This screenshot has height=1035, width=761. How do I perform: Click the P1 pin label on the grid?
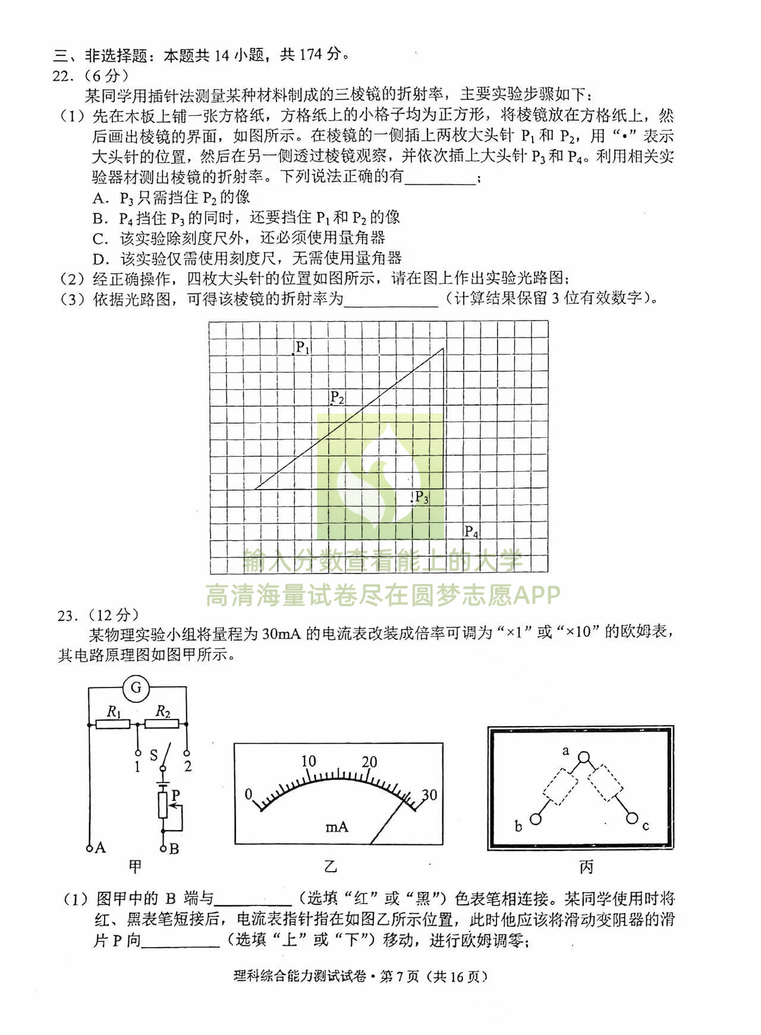point(303,348)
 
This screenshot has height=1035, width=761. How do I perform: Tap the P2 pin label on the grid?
point(337,397)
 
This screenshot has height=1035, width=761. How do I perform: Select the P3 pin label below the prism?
point(422,497)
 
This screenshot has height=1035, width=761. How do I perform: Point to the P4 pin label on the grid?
point(471,532)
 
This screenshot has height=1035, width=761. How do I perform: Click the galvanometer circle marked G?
point(136,688)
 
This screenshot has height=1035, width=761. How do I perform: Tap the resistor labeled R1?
point(113,724)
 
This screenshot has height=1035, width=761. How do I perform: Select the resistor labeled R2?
point(162,724)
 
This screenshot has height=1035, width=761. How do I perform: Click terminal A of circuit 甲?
point(89,848)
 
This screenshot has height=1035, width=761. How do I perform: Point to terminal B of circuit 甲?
point(163,848)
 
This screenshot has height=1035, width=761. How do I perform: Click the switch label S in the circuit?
point(153,755)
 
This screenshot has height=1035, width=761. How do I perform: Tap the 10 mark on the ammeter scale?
point(308,762)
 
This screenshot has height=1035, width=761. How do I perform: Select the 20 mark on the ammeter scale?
point(369,762)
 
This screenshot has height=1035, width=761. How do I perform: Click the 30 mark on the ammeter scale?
point(429,794)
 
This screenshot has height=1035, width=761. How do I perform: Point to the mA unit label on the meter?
point(337,826)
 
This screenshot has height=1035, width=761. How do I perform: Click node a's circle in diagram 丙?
point(584,758)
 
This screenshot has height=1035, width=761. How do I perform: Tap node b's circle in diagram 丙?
point(536,819)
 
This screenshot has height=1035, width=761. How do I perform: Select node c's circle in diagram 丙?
point(632,819)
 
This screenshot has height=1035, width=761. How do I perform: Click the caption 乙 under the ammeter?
point(331,866)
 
